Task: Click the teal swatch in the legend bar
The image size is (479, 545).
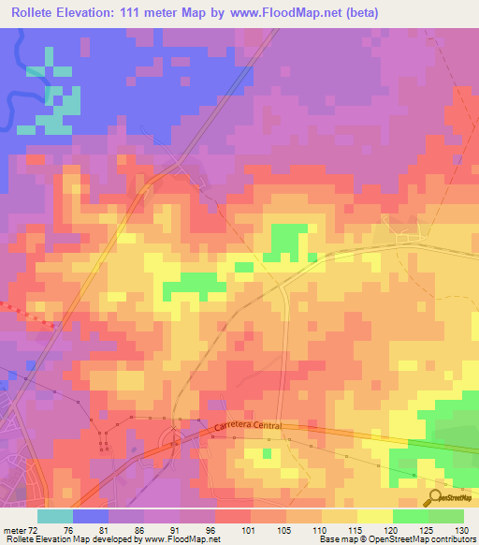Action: pyautogui.click(x=55, y=517)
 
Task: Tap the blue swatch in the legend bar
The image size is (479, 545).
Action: pyautogui.click(x=91, y=517)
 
